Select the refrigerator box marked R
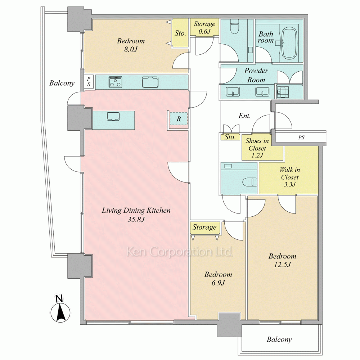pos(179,118)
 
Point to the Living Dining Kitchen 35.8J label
pos(136,215)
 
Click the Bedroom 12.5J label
pos(282,260)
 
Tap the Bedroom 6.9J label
pos(218,279)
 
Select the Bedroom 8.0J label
pos(131,45)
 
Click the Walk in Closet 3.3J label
pos(290,177)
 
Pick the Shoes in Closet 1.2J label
pos(257,148)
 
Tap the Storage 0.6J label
pos(204,27)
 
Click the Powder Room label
pos(256,75)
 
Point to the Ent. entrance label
pos(244,116)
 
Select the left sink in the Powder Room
pos(233,92)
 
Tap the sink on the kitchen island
pos(113,116)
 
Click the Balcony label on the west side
pos(62,83)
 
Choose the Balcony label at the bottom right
pos(279,339)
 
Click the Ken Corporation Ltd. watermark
pos(180,252)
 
